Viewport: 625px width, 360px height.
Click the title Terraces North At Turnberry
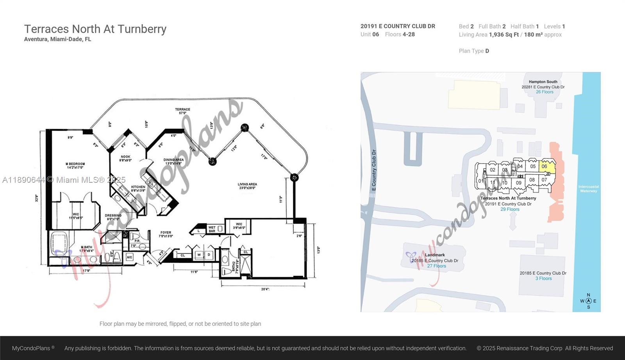pyautogui.click(x=95, y=29)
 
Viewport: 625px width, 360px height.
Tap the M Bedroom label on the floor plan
pyautogui.click(x=75, y=166)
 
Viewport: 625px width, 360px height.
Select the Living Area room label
pyautogui.click(x=247, y=186)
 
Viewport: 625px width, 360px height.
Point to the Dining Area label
pyautogui.click(x=173, y=161)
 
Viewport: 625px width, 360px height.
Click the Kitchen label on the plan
pyautogui.click(x=138, y=189)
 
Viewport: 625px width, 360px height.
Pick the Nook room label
pyautogui.click(x=125, y=158)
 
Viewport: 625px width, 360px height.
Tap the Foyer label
pyautogui.click(x=166, y=234)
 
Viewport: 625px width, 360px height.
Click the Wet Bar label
pyautogui.click(x=212, y=229)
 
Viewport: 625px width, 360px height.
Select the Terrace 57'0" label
pyautogui.click(x=182, y=111)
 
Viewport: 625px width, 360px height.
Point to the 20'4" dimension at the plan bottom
pyautogui.click(x=265, y=289)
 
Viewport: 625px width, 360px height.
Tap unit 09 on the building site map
pyautogui.click(x=518, y=183)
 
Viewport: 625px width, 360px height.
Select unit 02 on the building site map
pyautogui.click(x=493, y=170)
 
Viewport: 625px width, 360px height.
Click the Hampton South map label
pyautogui.click(x=543, y=82)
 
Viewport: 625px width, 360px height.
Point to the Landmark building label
pyautogui.click(x=435, y=255)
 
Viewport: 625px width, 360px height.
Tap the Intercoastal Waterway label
pyautogui.click(x=588, y=189)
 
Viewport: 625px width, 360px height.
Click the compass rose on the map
pyautogui.click(x=588, y=301)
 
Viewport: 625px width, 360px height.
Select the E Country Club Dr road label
pyautogui.click(x=374, y=170)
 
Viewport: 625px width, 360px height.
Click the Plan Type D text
pyautogui.click(x=474, y=51)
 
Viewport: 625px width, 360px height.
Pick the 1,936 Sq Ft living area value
pyautogui.click(x=504, y=35)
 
